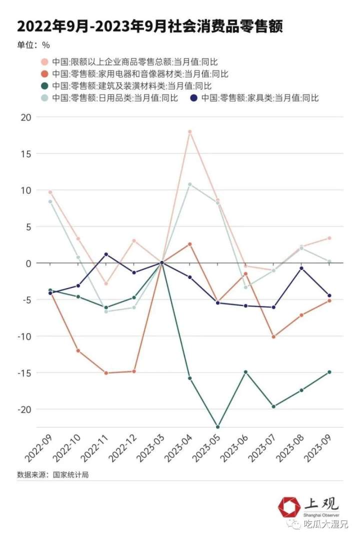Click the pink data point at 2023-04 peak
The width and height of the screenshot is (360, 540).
[x=190, y=131]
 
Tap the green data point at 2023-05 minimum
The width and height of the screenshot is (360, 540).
[x=217, y=427]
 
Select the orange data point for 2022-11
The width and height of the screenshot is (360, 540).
[x=106, y=373]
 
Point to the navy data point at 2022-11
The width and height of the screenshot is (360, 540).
[x=106, y=254]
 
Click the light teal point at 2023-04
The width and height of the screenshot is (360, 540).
[x=190, y=184]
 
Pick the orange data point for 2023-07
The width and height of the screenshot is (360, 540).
[x=273, y=337]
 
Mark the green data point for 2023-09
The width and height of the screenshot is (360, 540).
[x=329, y=372]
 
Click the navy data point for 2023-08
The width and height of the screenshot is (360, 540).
[x=301, y=268]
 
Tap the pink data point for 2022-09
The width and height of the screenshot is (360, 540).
[x=50, y=192]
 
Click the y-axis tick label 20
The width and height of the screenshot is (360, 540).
[x=25, y=117]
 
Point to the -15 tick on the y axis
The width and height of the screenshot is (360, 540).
[x=23, y=372]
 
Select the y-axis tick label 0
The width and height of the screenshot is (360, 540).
[x=28, y=263]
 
